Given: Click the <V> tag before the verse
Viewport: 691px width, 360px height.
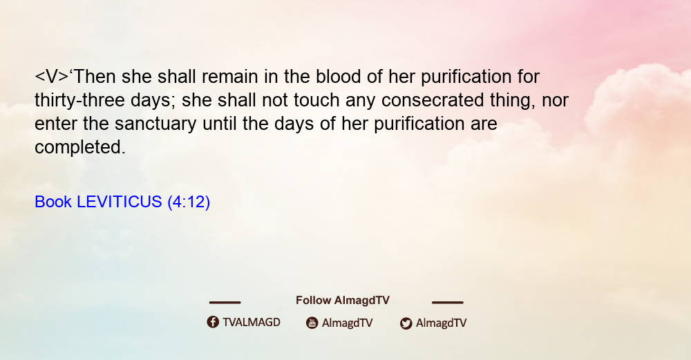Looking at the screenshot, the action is pos(52,77).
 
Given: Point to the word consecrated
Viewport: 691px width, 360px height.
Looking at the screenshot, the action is pos(433,100).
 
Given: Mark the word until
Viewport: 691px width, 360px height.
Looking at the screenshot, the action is pos(220,124).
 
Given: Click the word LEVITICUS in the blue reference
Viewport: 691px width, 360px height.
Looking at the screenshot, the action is pos(120,202).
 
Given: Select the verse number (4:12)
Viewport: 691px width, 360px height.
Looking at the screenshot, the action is pos(189,202).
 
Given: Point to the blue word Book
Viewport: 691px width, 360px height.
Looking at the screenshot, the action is pos(53,202).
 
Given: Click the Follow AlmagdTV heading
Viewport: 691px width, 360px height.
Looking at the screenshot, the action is pos(343,301).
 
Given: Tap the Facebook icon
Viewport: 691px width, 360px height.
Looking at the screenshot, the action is pos(213,322).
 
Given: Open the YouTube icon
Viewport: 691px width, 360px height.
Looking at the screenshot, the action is pos(312,323).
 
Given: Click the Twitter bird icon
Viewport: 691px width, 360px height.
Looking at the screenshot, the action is pos(406,323).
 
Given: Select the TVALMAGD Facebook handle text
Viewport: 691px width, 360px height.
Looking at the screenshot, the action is pos(252,323).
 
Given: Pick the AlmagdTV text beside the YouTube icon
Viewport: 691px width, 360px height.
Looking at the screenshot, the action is pos(348,323).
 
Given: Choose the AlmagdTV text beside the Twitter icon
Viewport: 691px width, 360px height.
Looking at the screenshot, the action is pos(441,323).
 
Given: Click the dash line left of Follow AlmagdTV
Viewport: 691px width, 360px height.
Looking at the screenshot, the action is pos(225,302).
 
